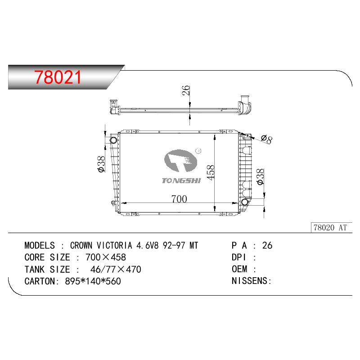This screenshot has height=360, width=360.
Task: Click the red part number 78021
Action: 58,77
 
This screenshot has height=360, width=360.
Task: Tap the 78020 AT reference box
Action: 332,228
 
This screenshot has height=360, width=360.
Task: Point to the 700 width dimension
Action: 179,199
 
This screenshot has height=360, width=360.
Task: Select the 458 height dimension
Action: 210,172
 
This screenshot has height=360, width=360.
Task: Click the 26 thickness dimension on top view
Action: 186,90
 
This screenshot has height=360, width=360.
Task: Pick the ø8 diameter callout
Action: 267,139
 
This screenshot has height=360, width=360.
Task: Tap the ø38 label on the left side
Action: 101,164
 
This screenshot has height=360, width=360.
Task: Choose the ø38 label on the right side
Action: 261,176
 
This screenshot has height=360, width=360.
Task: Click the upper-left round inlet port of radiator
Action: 113,140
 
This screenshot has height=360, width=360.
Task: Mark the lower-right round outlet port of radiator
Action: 245,202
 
